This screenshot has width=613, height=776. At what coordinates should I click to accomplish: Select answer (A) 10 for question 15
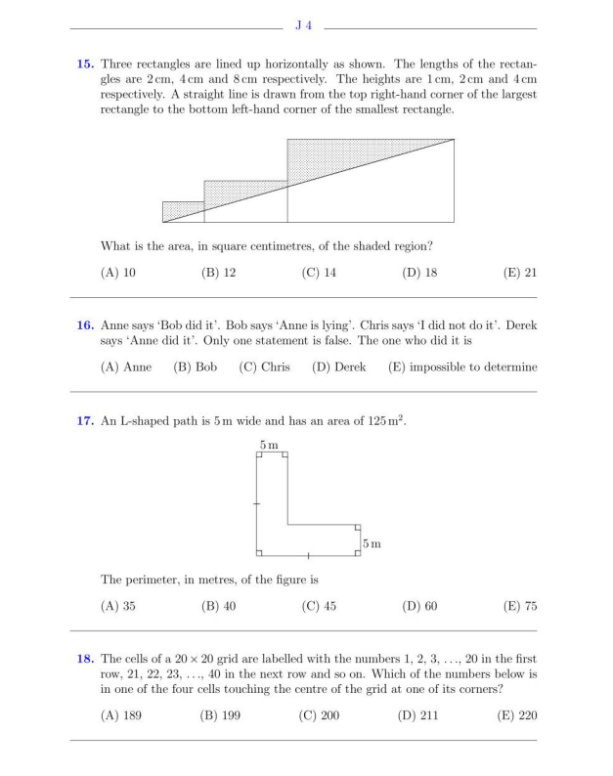pyautogui.click(x=118, y=273)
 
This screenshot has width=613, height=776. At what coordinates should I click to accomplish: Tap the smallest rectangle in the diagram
pyautogui.click(x=183, y=212)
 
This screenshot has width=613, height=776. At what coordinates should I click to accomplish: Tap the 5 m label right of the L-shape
pyautogui.click(x=372, y=541)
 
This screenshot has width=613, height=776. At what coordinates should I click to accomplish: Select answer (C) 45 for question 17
pyautogui.click(x=319, y=606)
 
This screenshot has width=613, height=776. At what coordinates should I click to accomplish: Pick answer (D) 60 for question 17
pyautogui.click(x=419, y=606)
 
